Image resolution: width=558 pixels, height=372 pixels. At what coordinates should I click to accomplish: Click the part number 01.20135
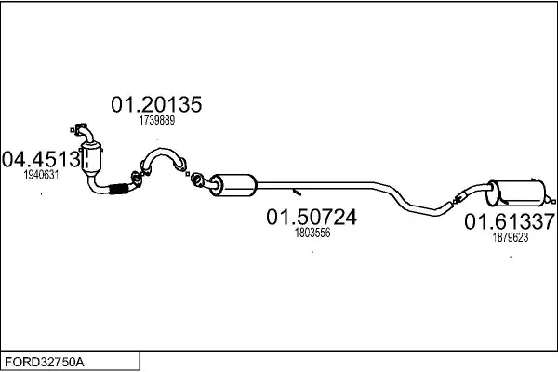(x=156, y=104)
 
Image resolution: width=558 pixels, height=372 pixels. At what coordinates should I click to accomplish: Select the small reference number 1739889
(x=157, y=120)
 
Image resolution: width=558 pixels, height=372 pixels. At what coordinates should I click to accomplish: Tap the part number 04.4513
(x=41, y=159)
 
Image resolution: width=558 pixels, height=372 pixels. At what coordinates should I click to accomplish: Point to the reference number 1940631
(x=41, y=175)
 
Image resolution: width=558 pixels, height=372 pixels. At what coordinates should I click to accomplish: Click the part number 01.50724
(x=312, y=217)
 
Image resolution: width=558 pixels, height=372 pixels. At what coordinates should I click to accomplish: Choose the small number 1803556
(x=312, y=232)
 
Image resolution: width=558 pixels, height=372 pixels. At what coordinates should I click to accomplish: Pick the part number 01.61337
(x=510, y=221)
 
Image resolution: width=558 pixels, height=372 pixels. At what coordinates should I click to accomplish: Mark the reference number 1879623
(x=511, y=237)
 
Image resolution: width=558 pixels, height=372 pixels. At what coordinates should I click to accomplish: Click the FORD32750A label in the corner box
(x=45, y=362)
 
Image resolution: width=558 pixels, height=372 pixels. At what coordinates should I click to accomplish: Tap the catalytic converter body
(x=91, y=158)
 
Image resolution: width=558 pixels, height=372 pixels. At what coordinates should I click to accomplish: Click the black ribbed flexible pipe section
(x=118, y=189)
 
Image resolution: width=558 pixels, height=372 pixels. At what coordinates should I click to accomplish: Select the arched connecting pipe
(x=164, y=159)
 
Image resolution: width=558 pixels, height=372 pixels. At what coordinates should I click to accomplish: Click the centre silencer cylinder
(x=232, y=185)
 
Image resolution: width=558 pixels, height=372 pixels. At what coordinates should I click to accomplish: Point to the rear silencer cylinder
(x=516, y=193)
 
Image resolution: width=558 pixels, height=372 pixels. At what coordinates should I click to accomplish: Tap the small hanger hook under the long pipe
(x=297, y=193)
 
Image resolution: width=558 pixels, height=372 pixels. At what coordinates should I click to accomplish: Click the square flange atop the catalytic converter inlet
(x=81, y=128)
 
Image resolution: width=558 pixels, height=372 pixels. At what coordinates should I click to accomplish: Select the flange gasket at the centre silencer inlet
(x=196, y=179)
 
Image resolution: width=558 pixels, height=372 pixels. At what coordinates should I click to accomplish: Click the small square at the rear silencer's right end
(x=553, y=202)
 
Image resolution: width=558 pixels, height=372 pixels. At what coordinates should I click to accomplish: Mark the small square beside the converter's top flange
(x=73, y=130)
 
